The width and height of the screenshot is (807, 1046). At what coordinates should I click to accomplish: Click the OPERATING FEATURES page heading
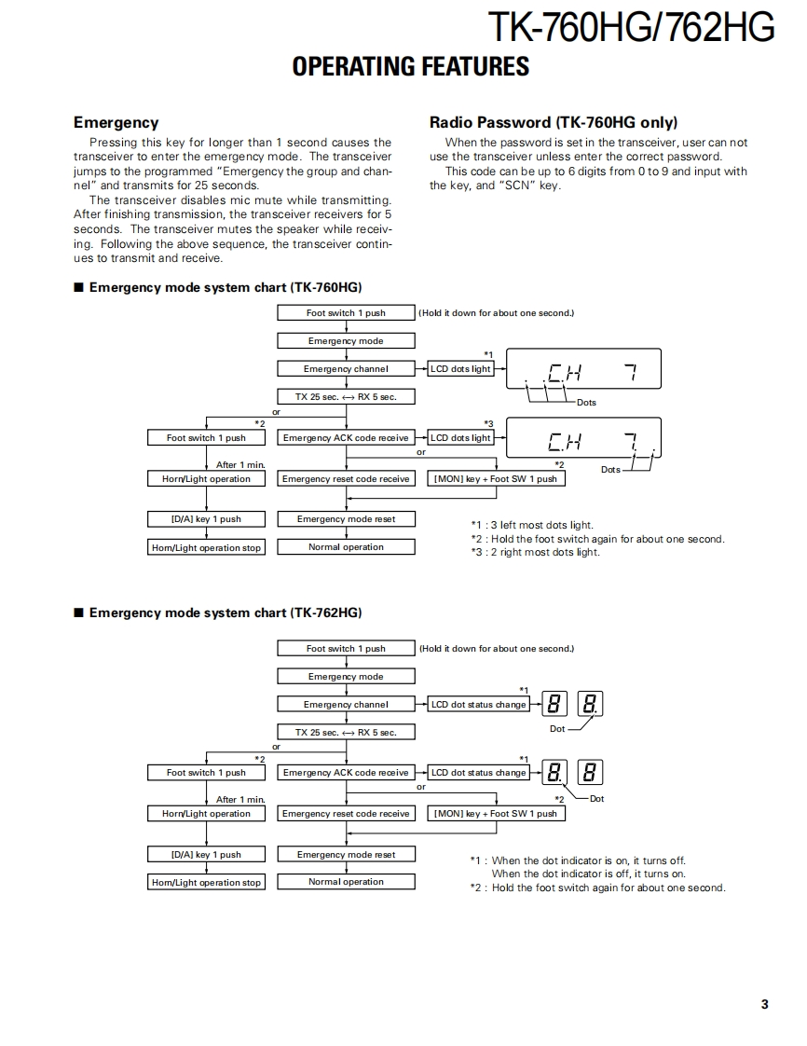coord(410,67)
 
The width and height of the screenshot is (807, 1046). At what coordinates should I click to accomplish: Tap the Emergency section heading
coord(116,122)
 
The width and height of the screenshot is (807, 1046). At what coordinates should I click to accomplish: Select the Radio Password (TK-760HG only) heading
coord(553,122)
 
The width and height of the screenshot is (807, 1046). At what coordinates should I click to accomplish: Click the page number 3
coord(764,1004)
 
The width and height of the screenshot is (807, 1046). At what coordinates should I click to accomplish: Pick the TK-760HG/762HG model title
coord(631,28)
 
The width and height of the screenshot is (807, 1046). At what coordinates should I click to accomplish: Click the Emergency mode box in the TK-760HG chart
coord(346,341)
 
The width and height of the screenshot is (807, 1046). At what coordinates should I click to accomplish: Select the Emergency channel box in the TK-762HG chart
coord(346,705)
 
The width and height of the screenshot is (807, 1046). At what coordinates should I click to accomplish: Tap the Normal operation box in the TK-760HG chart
coord(346,547)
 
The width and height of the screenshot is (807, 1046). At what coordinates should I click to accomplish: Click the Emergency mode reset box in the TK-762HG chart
coord(346,854)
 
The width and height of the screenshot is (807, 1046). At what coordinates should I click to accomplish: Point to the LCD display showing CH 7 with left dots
coord(583,370)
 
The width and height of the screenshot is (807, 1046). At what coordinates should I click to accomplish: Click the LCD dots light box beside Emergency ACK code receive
coord(460,438)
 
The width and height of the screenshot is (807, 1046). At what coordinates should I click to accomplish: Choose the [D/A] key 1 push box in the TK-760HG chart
coord(206,519)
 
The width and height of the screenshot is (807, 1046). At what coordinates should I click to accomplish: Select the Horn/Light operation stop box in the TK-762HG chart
coord(206,882)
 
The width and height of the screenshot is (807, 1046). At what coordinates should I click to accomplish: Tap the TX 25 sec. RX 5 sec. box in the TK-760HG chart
coord(346,396)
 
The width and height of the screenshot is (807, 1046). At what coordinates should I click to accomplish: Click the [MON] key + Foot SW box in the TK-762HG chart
coord(495,814)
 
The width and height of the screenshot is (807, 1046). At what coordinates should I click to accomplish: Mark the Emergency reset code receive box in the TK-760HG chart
coord(346,479)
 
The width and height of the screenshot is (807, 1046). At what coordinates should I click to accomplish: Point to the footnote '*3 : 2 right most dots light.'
coord(535,552)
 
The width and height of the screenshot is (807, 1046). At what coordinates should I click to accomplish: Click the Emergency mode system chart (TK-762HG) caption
coord(225,612)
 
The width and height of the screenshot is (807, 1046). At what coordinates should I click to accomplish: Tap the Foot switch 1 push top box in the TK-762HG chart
coord(346,649)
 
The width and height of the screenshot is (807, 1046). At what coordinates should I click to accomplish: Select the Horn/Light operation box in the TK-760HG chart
coord(206,479)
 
